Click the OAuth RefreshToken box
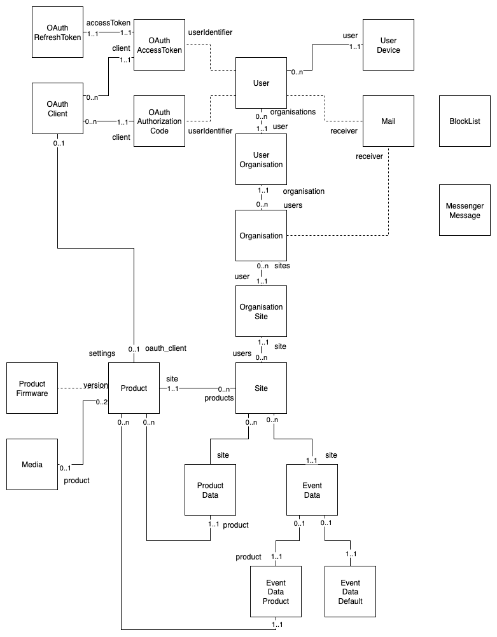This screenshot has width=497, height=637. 57,32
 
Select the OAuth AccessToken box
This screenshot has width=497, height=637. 159,45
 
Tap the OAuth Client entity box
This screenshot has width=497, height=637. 57,108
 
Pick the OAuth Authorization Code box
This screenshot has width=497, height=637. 159,121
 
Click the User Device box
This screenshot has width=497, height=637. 388,45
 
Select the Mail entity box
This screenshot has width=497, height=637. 388,121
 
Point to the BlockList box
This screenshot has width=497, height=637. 465,121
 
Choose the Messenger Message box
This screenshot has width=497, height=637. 465,210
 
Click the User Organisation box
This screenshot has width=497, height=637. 261,160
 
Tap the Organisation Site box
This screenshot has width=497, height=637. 261,312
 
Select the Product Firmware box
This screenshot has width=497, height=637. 32,388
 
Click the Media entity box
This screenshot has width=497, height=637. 32,465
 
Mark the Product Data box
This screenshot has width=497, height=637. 210,490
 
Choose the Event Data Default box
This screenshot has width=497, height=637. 350,591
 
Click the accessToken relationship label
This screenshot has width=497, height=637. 108,23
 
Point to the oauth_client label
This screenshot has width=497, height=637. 165,348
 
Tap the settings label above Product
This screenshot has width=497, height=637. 102,353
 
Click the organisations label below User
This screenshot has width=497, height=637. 293,112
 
